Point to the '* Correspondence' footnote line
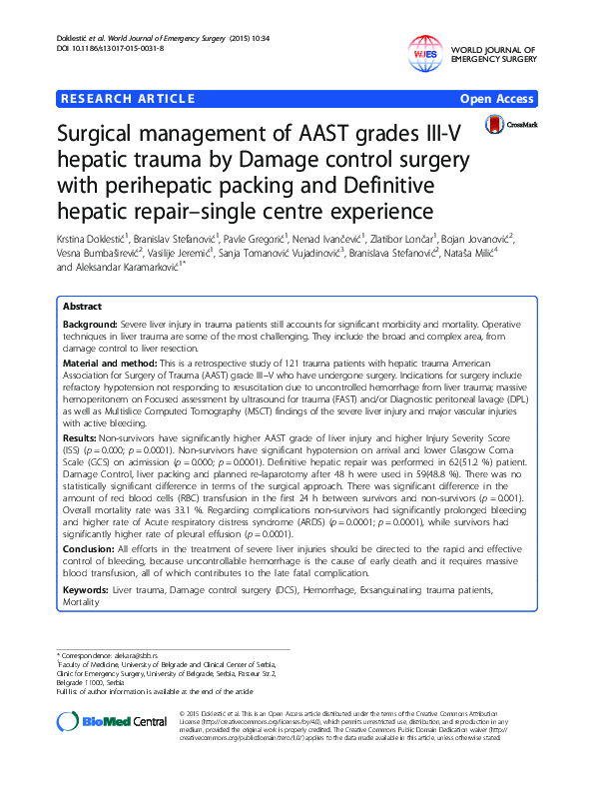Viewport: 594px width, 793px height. [x=109, y=653]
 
